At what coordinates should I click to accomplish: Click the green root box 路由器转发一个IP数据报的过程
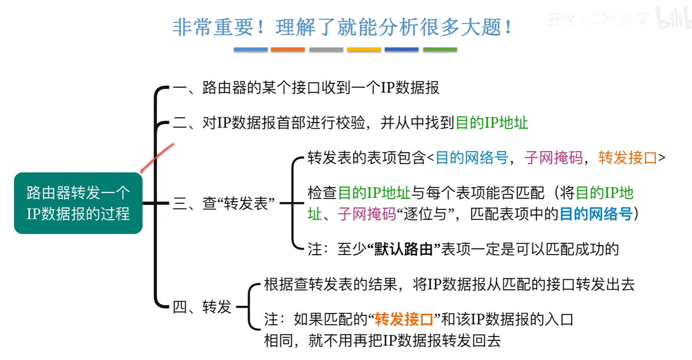tap(78, 203)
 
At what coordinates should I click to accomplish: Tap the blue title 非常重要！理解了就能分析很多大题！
tap(342, 28)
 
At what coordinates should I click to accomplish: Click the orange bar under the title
tap(288, 50)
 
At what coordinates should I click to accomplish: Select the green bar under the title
tap(440, 50)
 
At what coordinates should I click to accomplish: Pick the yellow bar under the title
tap(364, 50)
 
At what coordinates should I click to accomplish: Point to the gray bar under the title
tap(326, 50)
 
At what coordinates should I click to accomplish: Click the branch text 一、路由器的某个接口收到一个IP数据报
tap(306, 88)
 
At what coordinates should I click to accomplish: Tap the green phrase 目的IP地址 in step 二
tap(492, 123)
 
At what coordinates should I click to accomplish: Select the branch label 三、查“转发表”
tap(224, 203)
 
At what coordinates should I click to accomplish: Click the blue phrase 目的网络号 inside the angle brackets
tap(472, 158)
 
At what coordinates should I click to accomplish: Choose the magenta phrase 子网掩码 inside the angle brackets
tap(553, 158)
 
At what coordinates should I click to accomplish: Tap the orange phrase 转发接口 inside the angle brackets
tap(627, 158)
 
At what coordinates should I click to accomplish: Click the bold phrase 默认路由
tap(403, 249)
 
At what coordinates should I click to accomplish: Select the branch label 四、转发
tap(202, 307)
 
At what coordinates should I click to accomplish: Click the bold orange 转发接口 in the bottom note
tap(404, 319)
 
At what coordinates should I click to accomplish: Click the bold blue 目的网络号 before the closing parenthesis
tap(596, 214)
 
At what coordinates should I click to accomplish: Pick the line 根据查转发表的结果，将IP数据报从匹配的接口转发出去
tap(449, 284)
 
